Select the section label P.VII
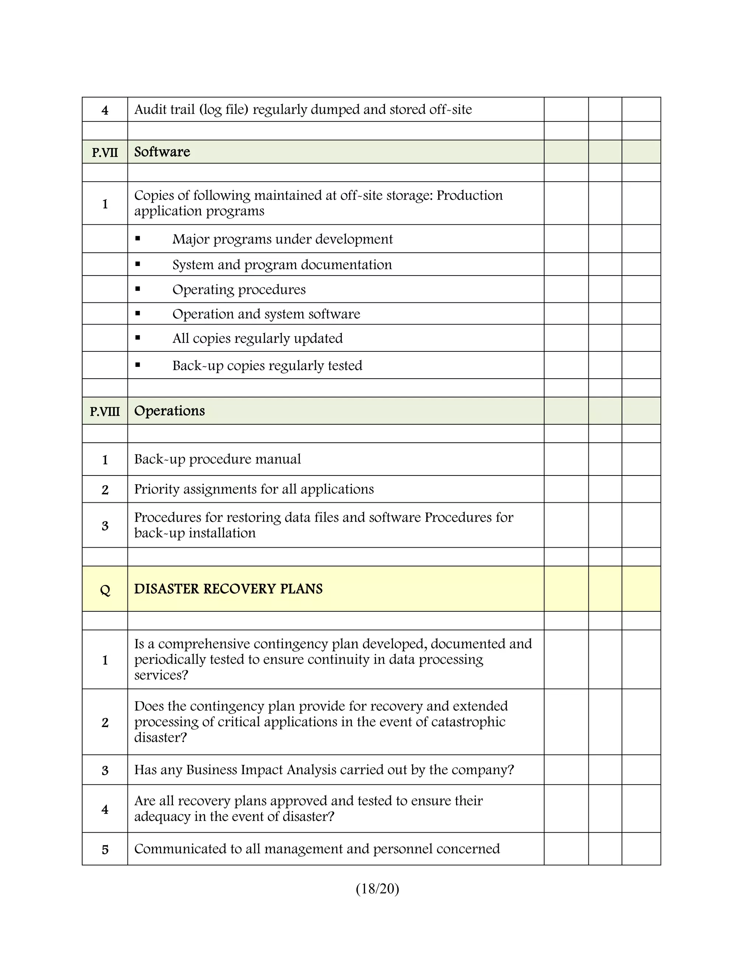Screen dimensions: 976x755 (105, 153)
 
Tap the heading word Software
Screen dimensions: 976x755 (162, 152)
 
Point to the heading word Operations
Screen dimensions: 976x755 (169, 411)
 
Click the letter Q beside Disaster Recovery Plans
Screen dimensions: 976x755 (105, 590)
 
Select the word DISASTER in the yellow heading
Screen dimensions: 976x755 (166, 589)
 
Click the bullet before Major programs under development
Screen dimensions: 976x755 (138, 239)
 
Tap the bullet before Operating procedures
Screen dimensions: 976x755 (138, 289)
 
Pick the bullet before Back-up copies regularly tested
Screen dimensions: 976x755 (138, 365)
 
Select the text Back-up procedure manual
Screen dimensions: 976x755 (218, 459)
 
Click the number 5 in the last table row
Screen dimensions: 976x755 (105, 850)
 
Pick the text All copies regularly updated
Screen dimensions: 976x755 (258, 338)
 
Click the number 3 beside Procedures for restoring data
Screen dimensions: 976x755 (105, 526)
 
